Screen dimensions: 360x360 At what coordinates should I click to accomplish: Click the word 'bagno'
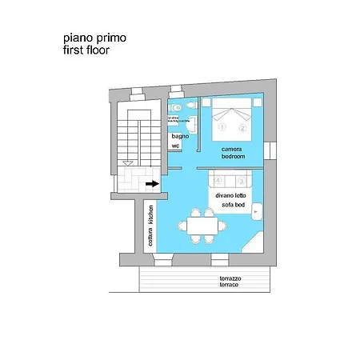click(178, 137)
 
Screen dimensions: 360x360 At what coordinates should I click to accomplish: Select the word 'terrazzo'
click(230, 278)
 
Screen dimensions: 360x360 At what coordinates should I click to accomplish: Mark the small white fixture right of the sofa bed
click(258, 210)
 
